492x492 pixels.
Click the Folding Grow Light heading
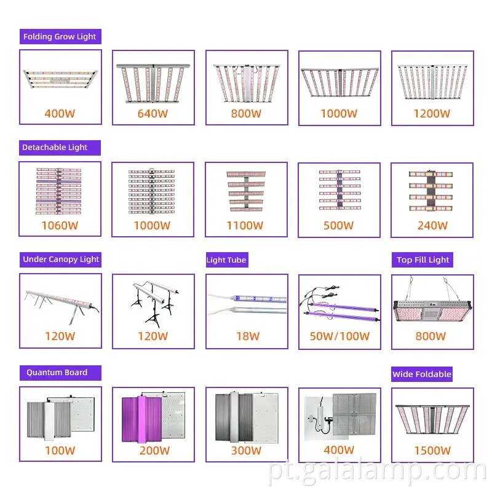pos(60,37)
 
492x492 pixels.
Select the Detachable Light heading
pos(55,148)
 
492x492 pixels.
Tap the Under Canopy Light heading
pos(61,260)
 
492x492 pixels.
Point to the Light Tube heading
pos(226,260)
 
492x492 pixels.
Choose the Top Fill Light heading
pos(423,260)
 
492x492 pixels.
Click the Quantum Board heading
pos(57,373)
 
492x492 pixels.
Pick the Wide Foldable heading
pos(422,374)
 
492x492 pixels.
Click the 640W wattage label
pos(153,114)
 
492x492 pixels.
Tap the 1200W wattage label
pos(432,114)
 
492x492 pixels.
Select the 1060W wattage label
pos(60,225)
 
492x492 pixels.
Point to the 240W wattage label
pos(432,225)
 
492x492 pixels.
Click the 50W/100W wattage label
pos(339,336)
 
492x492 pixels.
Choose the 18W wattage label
pos(248,336)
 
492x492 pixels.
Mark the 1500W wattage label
pos(432,451)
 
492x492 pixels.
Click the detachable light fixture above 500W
pos(340,189)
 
